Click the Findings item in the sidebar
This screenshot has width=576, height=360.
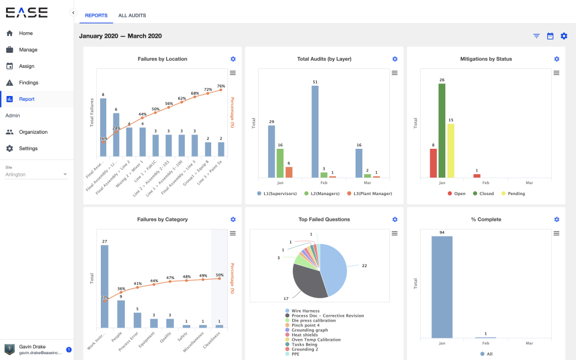(28, 83)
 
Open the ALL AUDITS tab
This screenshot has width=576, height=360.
(132, 16)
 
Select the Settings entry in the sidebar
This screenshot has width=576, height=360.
(28, 149)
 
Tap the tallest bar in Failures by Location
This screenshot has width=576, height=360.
(103, 127)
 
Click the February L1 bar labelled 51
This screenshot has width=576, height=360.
(315, 131)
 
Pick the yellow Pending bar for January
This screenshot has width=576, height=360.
(451, 151)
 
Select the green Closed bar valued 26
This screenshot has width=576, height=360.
(442, 130)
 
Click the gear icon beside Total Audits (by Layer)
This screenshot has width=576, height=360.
(395, 59)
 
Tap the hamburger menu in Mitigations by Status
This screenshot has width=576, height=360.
(556, 73)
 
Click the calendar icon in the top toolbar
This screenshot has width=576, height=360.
(550, 36)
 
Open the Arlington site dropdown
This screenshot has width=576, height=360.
(36, 175)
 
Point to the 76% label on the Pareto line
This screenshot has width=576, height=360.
(221, 86)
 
